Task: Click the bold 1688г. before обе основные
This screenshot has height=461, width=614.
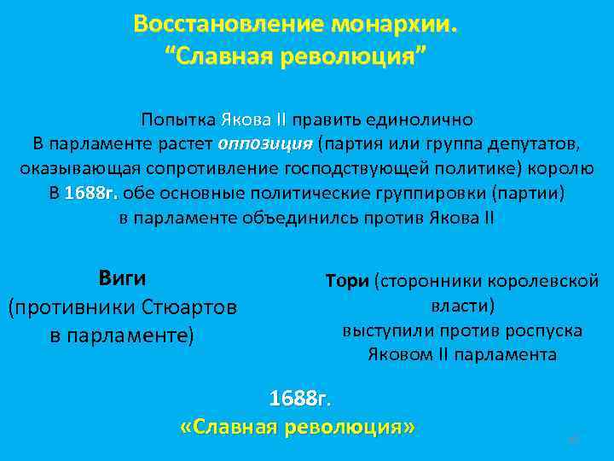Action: click(x=91, y=193)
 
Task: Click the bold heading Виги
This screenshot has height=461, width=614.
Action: click(x=122, y=278)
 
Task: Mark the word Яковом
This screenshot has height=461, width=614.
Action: click(x=398, y=354)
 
